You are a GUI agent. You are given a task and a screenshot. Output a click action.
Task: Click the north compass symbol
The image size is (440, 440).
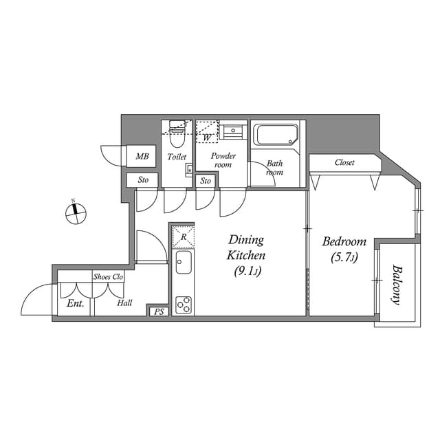coord(75,213)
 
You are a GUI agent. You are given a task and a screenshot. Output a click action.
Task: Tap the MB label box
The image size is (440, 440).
coord(142,157)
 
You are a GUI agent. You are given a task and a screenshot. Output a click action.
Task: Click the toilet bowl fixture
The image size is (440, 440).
coord(177,140)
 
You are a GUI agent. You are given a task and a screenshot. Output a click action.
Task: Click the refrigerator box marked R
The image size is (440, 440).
coord(183,236)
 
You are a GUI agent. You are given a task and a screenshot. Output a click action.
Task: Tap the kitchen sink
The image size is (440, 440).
coord(183,262)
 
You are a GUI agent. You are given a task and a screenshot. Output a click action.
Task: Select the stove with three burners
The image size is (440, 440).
coord(184,304)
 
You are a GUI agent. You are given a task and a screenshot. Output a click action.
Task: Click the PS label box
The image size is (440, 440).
coord(159,311)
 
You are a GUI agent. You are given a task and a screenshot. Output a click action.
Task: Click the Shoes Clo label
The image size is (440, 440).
coord(108,276)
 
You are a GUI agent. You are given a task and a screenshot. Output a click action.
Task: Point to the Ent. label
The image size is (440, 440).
coord(75,303)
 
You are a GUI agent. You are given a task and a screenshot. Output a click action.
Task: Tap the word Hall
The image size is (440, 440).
coord(124,303)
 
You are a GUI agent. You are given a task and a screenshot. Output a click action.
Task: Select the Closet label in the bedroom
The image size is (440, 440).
coord(344,163)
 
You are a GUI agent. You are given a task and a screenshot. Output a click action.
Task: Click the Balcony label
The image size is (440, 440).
coord(397,284)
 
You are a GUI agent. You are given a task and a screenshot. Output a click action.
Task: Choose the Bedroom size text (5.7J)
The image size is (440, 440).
coord(344,258)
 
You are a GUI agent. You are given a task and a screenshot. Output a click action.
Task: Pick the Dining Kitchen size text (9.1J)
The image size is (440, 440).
coord(246,271)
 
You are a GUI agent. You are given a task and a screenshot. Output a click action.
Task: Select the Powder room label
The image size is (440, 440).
coord(223,160)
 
